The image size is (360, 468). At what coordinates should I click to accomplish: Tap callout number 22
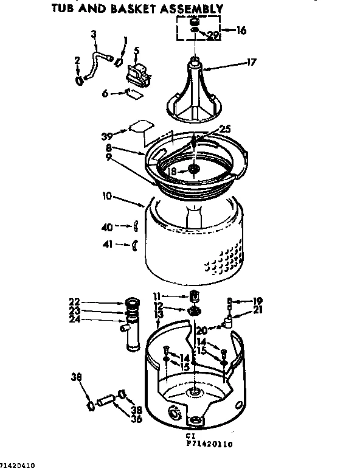pos(74,302)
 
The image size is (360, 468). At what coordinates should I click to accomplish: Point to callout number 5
pos(137,51)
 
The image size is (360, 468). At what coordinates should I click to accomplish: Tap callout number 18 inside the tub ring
pos(173,172)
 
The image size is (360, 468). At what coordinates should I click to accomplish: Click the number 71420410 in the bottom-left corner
pos(18,464)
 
